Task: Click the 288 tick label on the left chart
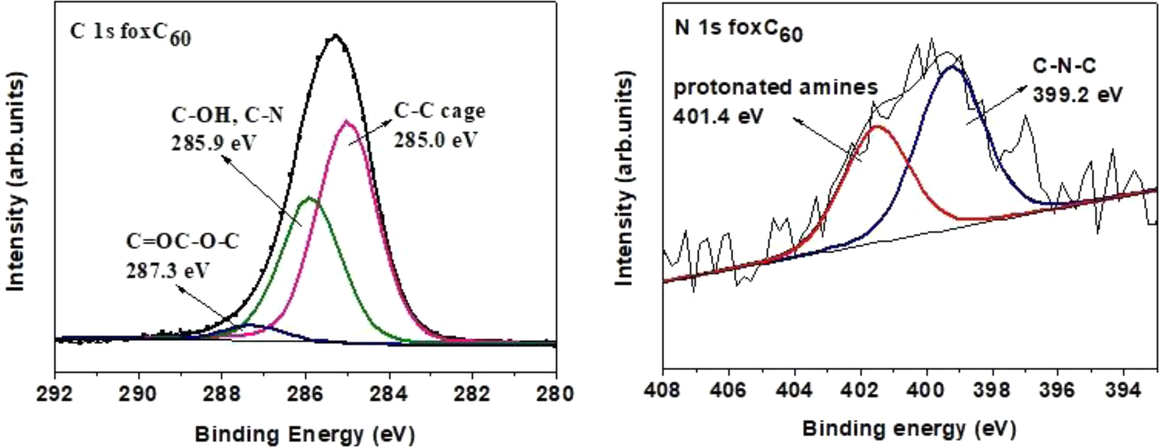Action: point(221,392)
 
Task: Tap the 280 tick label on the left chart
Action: point(556,392)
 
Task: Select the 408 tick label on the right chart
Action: point(663,389)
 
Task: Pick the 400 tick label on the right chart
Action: point(927,389)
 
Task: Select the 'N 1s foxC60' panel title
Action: point(738,32)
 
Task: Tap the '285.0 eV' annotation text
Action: point(436,139)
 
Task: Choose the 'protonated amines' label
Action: point(776,87)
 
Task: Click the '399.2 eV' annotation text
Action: point(1077,94)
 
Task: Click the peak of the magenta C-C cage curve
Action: point(346,121)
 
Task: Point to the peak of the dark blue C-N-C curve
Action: point(953,66)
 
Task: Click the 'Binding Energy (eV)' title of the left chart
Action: point(305,433)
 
